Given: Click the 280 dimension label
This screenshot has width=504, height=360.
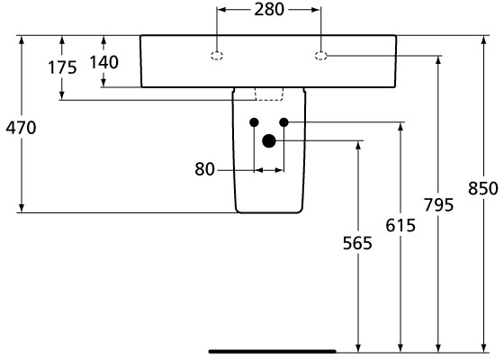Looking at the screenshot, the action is coord(269,9).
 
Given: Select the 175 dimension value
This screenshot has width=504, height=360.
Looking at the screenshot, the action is coord(62,67).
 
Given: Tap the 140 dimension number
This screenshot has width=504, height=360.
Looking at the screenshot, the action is coord(103,62).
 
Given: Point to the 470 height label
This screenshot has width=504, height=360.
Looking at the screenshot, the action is coord(21,128).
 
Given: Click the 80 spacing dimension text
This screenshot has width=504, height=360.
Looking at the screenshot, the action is coord(204,169).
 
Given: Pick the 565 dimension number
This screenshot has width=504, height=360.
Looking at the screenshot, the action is coord(357,243).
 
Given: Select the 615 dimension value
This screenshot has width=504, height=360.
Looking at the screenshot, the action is coord(400,225).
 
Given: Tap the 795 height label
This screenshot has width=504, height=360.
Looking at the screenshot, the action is coord(438,205).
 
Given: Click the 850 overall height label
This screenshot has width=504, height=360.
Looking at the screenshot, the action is coord(482,188).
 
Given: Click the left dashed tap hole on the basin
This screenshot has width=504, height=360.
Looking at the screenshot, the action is coord(217,56).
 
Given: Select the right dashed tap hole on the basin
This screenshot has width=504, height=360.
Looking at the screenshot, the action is coord(320,56).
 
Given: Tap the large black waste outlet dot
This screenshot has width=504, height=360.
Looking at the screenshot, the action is coord(269,140).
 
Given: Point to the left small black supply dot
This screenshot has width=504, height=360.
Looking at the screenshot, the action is coord(254,122).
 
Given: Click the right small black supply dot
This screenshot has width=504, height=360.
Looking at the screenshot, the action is coord(283,122).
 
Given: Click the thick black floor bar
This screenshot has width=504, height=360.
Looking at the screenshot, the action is coord(273,351).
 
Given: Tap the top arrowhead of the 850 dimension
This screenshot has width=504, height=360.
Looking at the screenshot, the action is coord(483,40).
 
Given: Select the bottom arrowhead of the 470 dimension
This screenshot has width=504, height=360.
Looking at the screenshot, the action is coord(22,208).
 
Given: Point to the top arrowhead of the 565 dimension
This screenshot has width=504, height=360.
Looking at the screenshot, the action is coord(358,145).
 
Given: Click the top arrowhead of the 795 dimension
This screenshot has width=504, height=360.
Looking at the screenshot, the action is coord(438,60).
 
